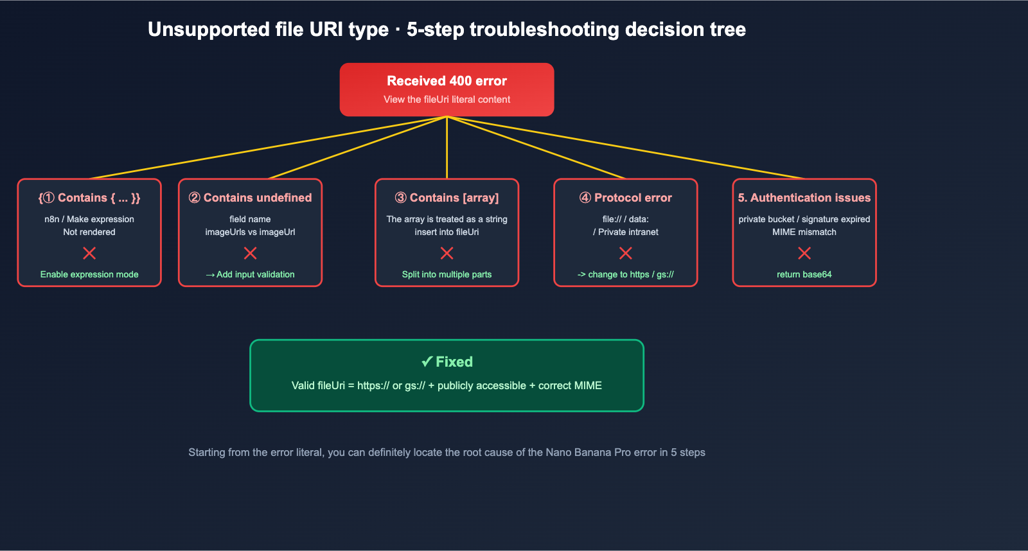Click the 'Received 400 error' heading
[447, 81]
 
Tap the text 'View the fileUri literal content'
[447, 100]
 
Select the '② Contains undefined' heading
[250, 198]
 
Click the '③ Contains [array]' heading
[447, 198]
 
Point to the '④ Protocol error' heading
[625, 198]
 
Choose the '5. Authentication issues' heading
[804, 198]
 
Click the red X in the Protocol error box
[625, 253]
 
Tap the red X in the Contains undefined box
[250, 253]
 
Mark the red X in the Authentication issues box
[804, 253]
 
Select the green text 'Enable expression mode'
[89, 274]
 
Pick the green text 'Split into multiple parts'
[447, 274]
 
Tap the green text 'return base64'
[804, 274]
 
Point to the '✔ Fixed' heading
[447, 362]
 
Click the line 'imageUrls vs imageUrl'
[250, 232]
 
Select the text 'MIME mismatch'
[804, 232]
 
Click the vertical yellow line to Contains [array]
[447, 148]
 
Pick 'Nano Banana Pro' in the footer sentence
[588, 452]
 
